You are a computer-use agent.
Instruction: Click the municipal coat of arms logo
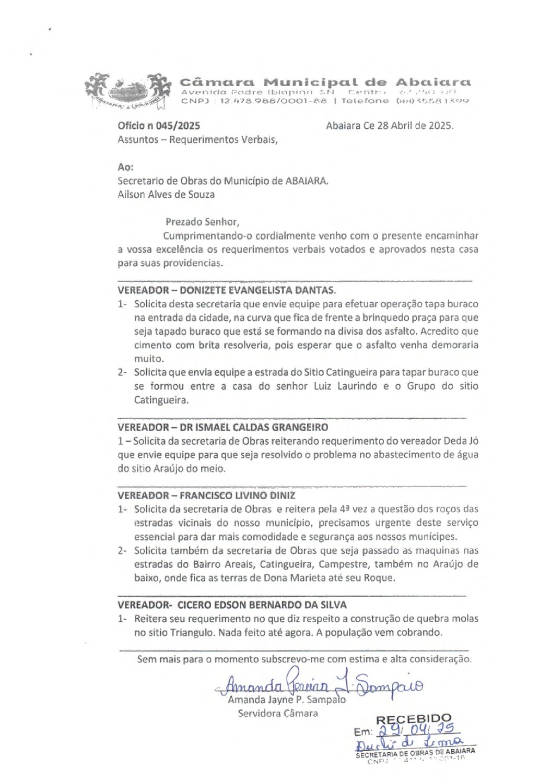point(128,91)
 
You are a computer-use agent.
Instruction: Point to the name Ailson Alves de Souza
point(166,195)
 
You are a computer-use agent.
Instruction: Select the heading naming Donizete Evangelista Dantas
point(227,290)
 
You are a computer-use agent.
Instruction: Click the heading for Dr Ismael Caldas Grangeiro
point(222,427)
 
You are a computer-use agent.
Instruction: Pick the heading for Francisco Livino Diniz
point(206,495)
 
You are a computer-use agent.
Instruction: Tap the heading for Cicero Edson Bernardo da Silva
point(232,605)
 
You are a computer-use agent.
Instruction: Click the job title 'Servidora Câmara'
point(277,714)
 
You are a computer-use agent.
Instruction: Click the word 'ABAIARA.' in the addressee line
point(307,181)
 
